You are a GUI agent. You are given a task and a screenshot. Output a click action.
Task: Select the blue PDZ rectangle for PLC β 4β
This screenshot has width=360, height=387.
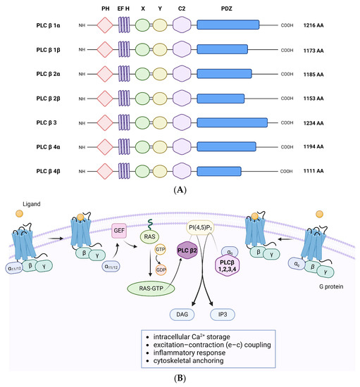221,170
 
